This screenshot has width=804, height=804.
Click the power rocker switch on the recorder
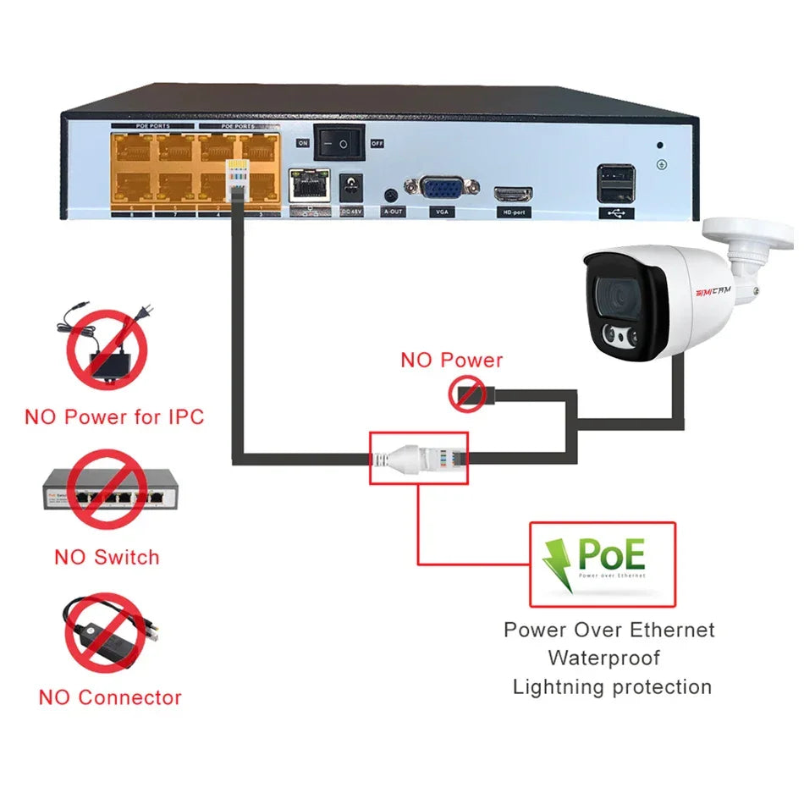[x=339, y=144]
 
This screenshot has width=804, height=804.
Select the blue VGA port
[x=442, y=187]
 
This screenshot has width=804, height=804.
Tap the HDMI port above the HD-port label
[x=513, y=193]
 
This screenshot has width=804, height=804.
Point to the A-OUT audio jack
[x=391, y=194]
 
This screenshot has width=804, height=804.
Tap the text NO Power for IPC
[x=114, y=416]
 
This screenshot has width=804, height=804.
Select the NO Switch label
[x=107, y=557]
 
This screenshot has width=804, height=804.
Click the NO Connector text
[x=110, y=697]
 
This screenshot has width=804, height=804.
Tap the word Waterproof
[x=603, y=658]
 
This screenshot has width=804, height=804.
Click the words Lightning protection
[x=612, y=686]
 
